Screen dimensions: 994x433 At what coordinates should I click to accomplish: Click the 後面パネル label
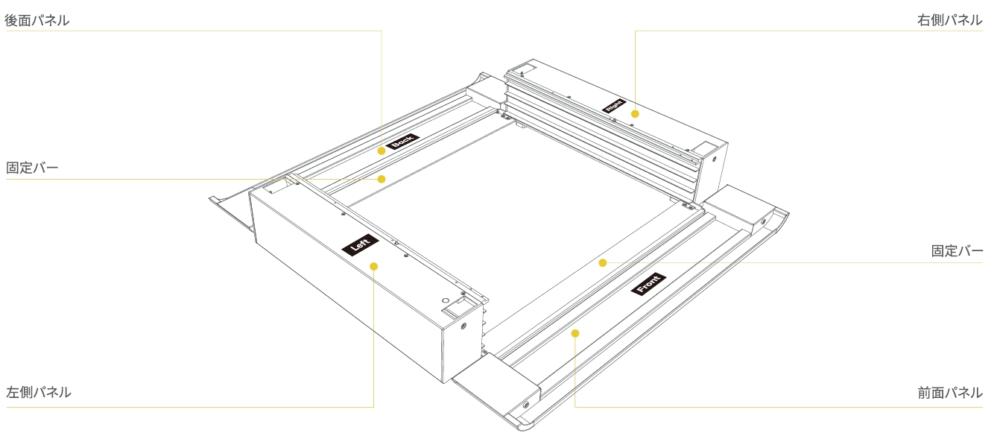click(37, 20)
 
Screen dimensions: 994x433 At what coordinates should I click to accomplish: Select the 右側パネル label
click(950, 20)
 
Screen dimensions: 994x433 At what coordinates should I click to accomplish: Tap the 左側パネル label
click(39, 392)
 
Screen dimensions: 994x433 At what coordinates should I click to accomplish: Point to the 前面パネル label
click(950, 393)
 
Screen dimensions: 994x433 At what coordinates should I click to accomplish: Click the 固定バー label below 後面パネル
click(32, 168)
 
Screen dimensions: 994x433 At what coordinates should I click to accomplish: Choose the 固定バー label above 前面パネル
click(957, 250)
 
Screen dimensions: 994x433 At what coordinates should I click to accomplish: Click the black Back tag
click(402, 141)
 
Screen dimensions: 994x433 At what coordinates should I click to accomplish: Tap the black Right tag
click(614, 106)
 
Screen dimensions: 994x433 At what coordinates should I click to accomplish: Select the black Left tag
click(360, 244)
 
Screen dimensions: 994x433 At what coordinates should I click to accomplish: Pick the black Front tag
click(648, 284)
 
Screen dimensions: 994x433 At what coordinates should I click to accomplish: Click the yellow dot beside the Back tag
click(382, 151)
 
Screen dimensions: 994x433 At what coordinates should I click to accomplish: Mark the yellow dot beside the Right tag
click(635, 114)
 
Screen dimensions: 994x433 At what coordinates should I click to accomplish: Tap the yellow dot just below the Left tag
click(373, 266)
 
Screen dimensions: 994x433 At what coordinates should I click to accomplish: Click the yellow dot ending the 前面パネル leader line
click(575, 333)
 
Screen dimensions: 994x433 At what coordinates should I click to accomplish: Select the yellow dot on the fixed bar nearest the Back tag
click(382, 179)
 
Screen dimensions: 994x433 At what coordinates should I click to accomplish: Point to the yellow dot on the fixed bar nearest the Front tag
click(603, 263)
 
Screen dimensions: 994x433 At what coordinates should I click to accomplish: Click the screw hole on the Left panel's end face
click(463, 326)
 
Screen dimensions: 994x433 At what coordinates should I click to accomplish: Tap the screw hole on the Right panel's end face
click(714, 159)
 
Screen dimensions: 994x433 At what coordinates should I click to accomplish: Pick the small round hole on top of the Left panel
click(445, 300)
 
